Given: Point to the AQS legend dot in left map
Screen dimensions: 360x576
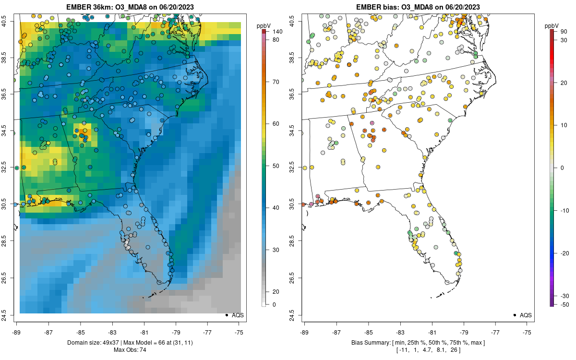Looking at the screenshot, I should [226, 315].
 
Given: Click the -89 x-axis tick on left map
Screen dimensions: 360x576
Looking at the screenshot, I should [17, 332].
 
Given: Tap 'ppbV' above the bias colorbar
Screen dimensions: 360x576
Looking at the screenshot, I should [552, 25].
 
